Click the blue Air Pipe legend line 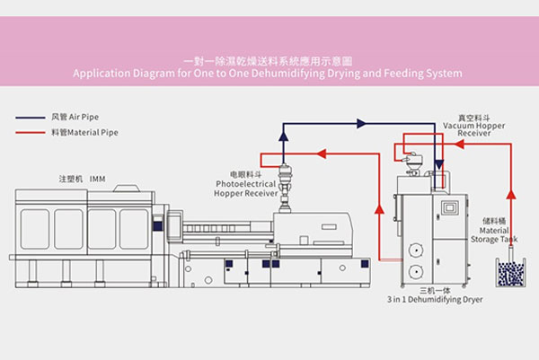[x=31, y=118]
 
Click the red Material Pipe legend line [x=31, y=133]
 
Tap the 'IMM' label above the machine [x=98, y=179]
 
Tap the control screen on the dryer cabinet [x=448, y=207]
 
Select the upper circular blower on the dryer [x=415, y=250]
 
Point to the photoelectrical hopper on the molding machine [x=286, y=184]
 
